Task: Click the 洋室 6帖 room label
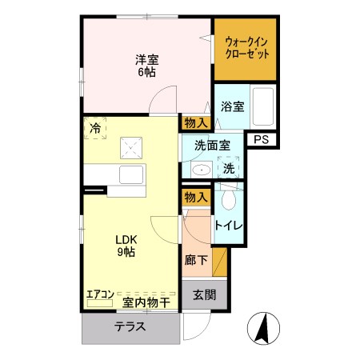click(145, 65)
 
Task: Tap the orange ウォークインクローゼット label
click(246, 47)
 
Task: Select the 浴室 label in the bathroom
click(232, 106)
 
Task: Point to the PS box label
click(261, 139)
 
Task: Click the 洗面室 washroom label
click(214, 146)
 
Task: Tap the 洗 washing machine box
click(229, 169)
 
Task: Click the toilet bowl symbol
click(230, 199)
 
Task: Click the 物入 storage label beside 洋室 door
click(196, 122)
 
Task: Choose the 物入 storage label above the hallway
click(196, 197)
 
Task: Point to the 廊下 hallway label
click(196, 260)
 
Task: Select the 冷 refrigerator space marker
click(95, 128)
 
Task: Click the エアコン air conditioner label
click(101, 294)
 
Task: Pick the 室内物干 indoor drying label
click(146, 302)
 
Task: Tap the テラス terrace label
click(129, 326)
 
